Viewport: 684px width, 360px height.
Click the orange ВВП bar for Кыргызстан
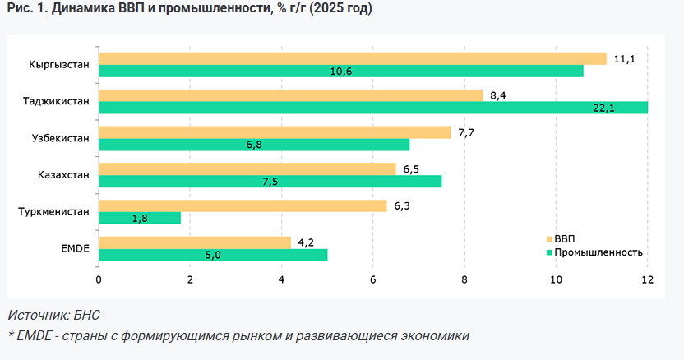(352, 58)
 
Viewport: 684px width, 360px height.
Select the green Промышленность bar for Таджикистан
(372, 108)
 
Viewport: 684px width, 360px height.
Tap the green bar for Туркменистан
(139, 218)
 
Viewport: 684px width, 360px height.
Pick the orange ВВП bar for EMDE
(195, 242)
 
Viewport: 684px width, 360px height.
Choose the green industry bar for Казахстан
(270, 182)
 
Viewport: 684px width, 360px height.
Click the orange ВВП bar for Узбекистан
(275, 132)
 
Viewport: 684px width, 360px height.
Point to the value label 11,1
(626, 59)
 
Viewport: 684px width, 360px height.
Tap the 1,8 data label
(141, 219)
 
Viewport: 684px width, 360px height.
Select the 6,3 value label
(402, 206)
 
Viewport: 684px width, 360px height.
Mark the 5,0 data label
(212, 256)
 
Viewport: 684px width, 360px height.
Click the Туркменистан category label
(53, 212)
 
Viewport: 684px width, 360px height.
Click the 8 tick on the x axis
(464, 279)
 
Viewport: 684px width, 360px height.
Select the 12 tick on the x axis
(647, 279)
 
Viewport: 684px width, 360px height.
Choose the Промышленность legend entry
(598, 252)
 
